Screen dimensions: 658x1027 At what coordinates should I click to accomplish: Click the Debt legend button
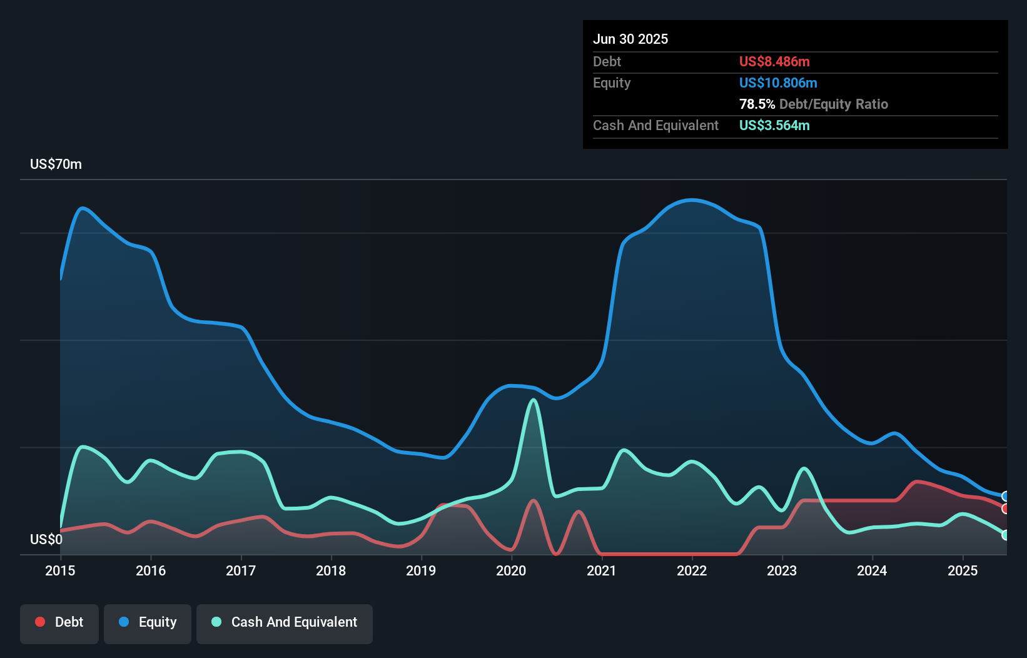[x=59, y=623]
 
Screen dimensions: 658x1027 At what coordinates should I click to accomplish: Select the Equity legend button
[x=148, y=623]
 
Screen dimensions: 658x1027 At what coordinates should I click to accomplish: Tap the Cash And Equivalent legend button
[x=285, y=623]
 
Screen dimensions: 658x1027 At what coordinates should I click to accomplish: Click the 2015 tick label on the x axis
[x=60, y=570]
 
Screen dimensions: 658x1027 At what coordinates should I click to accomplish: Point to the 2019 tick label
[x=421, y=570]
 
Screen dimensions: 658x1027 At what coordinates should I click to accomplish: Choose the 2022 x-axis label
[x=692, y=570]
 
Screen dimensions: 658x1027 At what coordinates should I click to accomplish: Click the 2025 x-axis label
[x=963, y=570]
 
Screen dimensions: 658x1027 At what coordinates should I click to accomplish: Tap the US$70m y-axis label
[x=56, y=164]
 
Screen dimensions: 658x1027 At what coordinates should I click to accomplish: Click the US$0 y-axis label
[x=46, y=539]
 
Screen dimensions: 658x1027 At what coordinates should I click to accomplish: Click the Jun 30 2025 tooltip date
[x=630, y=39]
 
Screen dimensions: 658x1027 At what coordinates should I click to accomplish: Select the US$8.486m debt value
[x=774, y=61]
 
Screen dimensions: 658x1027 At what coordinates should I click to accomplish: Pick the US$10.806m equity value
[x=778, y=83]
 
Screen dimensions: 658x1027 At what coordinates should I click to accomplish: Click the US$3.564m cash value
[x=774, y=125]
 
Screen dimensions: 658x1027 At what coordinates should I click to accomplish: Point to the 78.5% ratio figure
[x=757, y=104]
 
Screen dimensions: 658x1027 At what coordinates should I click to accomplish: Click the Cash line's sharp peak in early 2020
[x=534, y=400]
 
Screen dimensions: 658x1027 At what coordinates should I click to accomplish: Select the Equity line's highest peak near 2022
[x=691, y=200]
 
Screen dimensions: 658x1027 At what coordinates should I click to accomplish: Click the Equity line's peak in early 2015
[x=82, y=208]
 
